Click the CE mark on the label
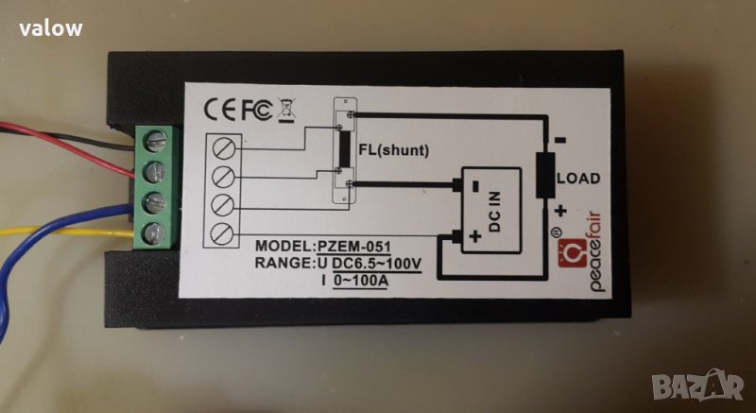(x=223, y=110)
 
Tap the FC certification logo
(x=258, y=110)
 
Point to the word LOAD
(x=577, y=178)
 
